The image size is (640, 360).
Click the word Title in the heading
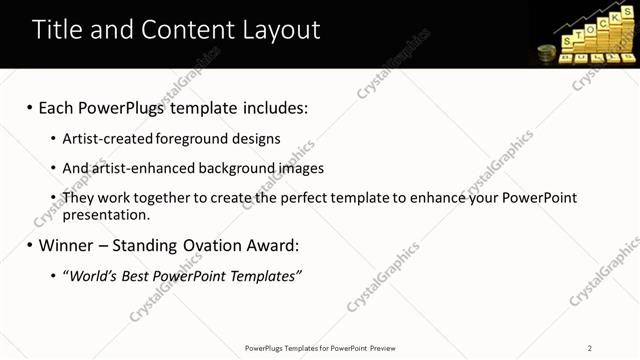(55, 30)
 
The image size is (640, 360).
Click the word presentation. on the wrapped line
(106, 214)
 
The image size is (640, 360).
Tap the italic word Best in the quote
(139, 275)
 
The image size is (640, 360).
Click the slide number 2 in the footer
(591, 348)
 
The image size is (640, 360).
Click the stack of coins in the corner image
(546, 54)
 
